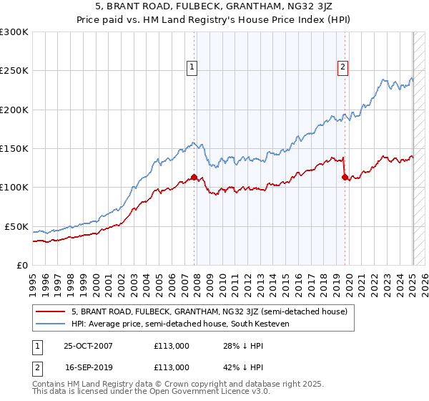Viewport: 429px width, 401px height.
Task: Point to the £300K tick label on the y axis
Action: tap(14, 32)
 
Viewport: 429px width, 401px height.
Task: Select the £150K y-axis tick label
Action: tap(14, 149)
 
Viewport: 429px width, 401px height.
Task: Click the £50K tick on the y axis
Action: tap(16, 226)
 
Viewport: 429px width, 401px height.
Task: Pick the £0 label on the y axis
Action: tap(22, 265)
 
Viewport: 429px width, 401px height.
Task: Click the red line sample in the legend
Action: tap(50, 311)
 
